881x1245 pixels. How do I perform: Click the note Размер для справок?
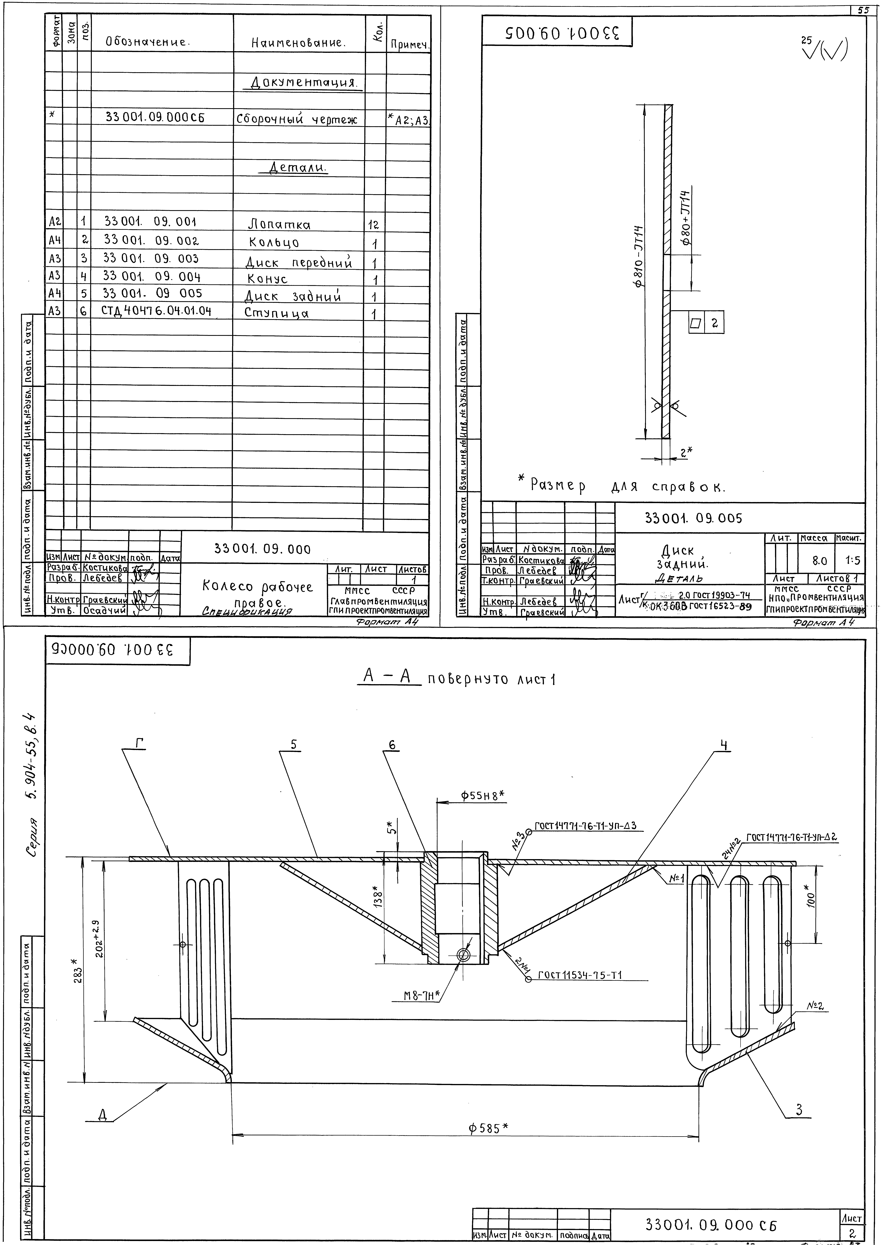point(627,485)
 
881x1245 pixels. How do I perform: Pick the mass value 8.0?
point(819,560)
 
